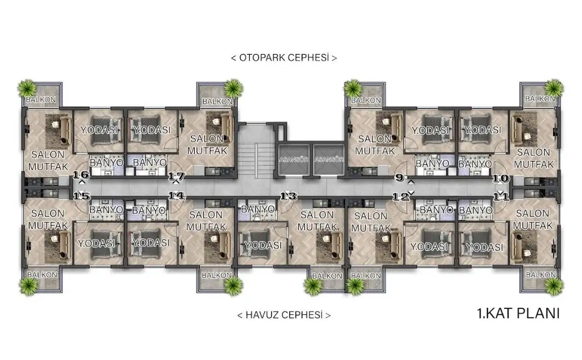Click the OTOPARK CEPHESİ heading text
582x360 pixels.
(284, 58)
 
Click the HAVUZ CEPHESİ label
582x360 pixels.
(284, 315)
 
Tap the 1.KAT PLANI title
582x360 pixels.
(518, 314)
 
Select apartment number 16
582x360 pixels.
(81, 174)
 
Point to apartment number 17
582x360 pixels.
(176, 176)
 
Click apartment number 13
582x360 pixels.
(288, 196)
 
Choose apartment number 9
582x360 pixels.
(399, 177)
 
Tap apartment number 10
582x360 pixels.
(501, 179)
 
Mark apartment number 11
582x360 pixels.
(501, 196)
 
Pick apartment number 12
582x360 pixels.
(401, 196)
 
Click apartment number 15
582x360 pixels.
(81, 196)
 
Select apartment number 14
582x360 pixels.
(176, 195)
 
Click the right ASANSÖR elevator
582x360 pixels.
(329, 159)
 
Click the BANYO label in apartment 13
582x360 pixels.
(258, 209)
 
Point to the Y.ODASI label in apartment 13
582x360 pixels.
(263, 245)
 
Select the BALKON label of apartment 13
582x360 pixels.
(327, 276)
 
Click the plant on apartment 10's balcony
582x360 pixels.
(554, 88)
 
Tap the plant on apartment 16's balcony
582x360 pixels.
(27, 88)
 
